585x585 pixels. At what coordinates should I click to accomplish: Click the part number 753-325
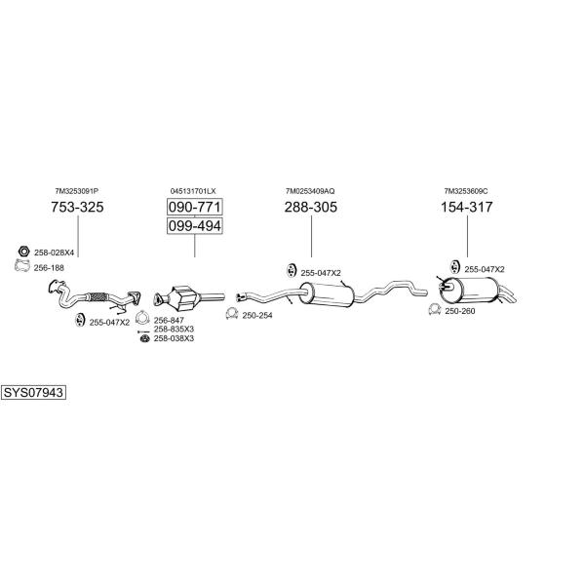point(77,207)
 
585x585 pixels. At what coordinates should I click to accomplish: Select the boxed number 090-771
point(195,207)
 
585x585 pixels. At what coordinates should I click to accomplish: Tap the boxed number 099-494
point(195,226)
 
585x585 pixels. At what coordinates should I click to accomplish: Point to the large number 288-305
point(311,207)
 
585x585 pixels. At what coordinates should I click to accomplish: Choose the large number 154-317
point(467,207)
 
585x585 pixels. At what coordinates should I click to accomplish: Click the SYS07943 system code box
point(33,393)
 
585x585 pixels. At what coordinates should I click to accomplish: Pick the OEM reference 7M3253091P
point(76,191)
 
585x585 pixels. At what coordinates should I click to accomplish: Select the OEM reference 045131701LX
point(193,191)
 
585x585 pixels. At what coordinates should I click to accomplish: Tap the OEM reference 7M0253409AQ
point(310,191)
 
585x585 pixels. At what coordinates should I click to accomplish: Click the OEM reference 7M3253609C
point(466,191)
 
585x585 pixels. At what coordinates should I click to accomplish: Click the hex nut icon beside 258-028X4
point(23,252)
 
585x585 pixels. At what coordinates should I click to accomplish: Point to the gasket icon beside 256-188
point(22,265)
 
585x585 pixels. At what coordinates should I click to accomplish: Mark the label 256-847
point(169,320)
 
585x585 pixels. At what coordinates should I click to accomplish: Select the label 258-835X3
point(174,330)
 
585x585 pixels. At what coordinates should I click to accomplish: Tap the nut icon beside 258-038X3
point(144,338)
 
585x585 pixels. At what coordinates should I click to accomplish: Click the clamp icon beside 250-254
point(232,314)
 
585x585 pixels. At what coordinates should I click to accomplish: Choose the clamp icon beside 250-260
point(435,310)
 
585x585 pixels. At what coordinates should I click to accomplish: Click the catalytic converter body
point(183,297)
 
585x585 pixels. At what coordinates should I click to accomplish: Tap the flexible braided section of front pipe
point(97,297)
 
